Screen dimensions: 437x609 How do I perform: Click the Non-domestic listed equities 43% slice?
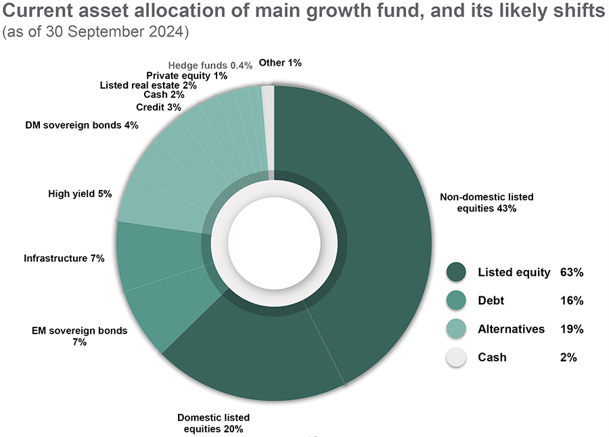pos(379,223)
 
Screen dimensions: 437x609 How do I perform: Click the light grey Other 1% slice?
pos(268,129)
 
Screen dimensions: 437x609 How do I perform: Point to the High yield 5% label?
pos(80,193)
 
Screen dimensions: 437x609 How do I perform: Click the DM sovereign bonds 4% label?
pos(82,125)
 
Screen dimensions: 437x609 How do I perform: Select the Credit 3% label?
pos(158,108)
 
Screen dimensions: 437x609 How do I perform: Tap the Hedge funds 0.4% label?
pos(210,65)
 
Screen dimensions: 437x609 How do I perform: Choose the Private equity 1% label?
pos(187,76)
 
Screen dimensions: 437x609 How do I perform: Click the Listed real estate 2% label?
pos(148,85)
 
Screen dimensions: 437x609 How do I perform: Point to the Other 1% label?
pos(280,62)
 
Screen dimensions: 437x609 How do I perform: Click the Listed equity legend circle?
pos(457,273)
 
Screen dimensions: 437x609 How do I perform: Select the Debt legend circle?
pos(457,300)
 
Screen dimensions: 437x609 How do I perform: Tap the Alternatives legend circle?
pos(457,329)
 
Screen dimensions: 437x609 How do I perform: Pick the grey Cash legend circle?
pos(457,357)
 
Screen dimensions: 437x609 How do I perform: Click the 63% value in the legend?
pos(572,273)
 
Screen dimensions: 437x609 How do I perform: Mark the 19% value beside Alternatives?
pos(572,329)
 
